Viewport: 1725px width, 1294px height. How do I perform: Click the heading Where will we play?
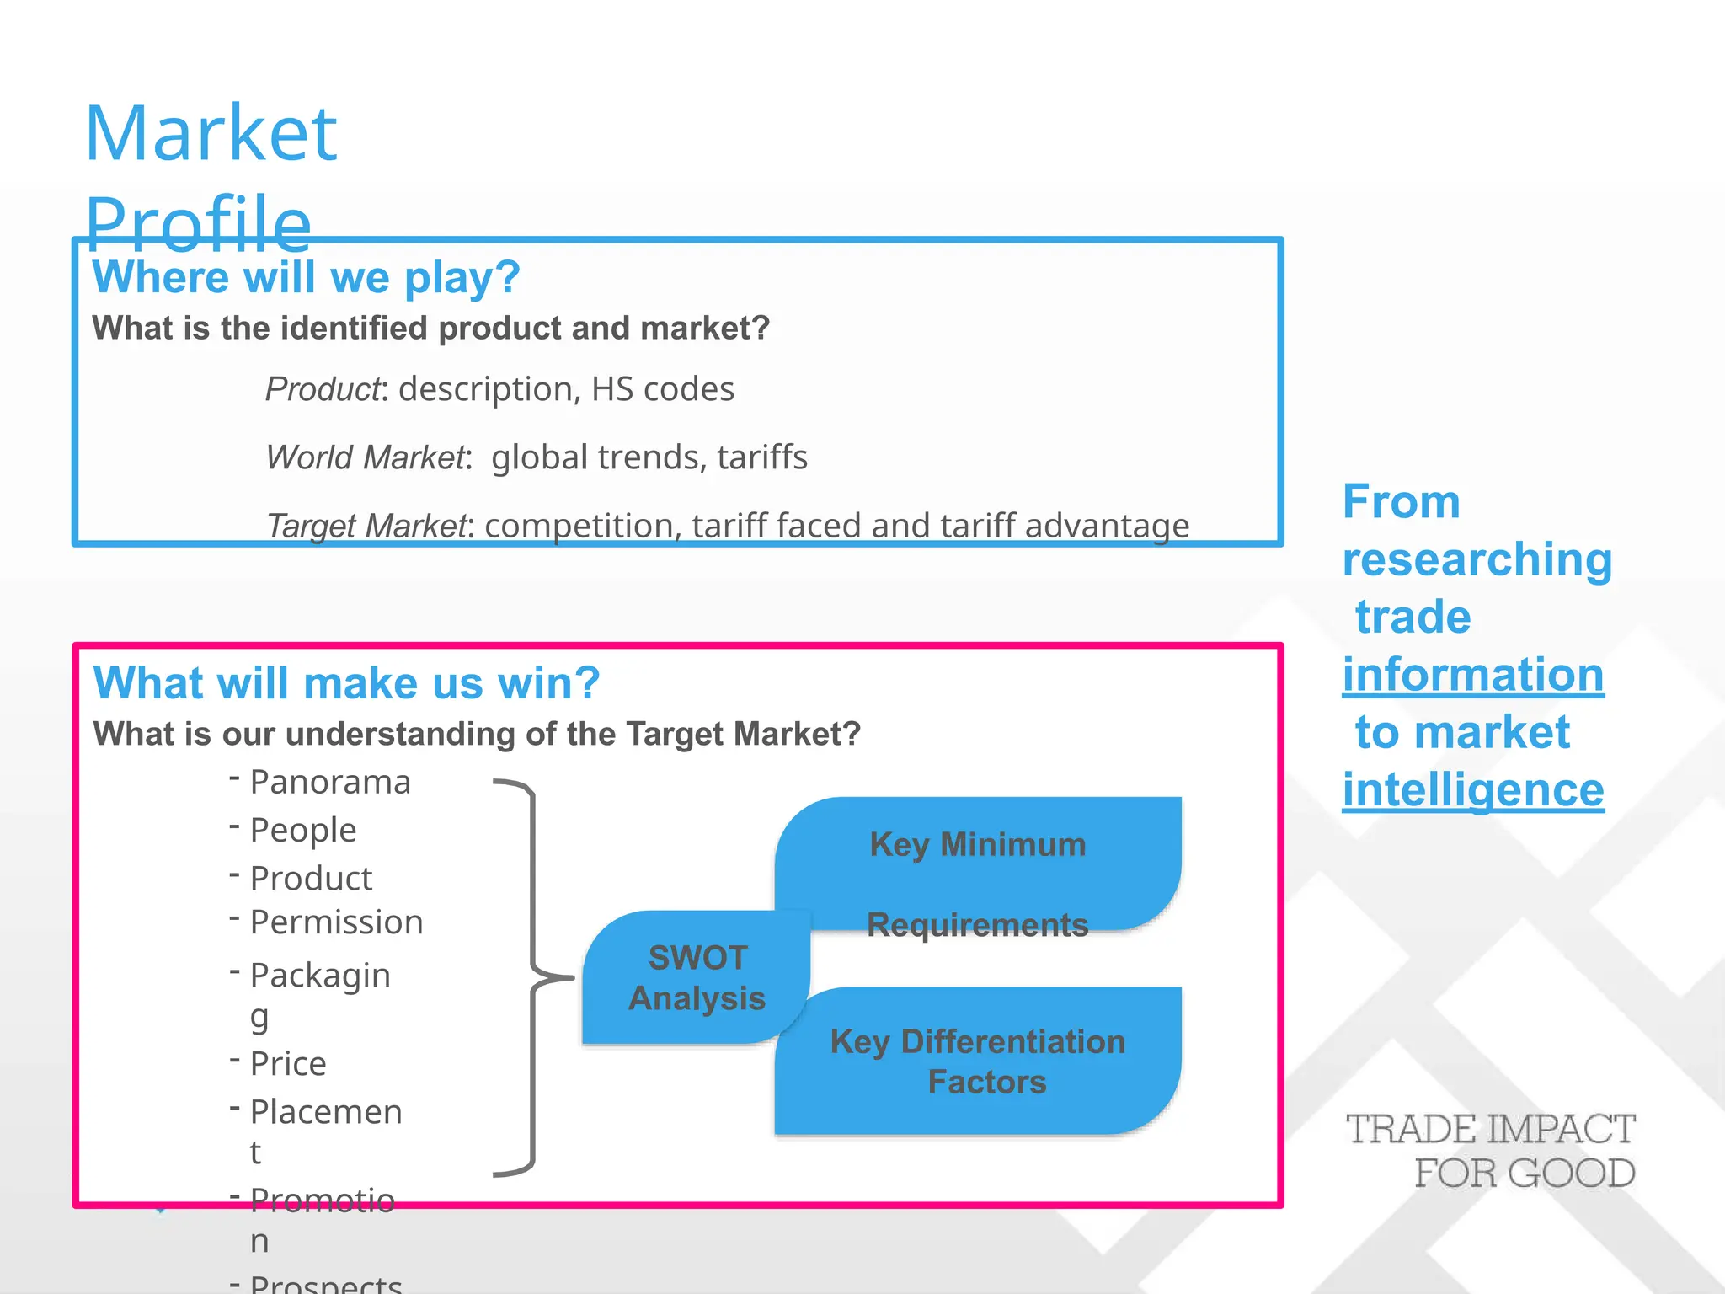[306, 277]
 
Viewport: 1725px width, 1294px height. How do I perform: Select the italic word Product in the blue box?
[323, 389]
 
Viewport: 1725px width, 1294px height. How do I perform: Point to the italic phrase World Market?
[366, 457]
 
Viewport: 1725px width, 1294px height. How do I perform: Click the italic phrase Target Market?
[366, 526]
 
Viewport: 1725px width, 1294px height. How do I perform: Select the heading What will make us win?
[346, 682]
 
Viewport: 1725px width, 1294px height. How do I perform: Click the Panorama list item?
[330, 782]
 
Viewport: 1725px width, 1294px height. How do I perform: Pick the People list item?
[303, 830]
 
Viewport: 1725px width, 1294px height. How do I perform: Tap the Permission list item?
[336, 922]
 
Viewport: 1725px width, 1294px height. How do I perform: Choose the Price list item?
[288, 1063]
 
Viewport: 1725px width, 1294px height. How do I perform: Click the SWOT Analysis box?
[697, 978]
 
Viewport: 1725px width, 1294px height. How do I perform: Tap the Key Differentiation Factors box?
[978, 1061]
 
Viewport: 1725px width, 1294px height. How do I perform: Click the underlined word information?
[1473, 674]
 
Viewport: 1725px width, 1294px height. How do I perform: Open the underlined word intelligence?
[1473, 789]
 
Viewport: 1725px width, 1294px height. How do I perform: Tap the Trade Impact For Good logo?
[1490, 1151]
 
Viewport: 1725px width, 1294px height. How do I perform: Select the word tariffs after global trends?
[762, 457]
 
